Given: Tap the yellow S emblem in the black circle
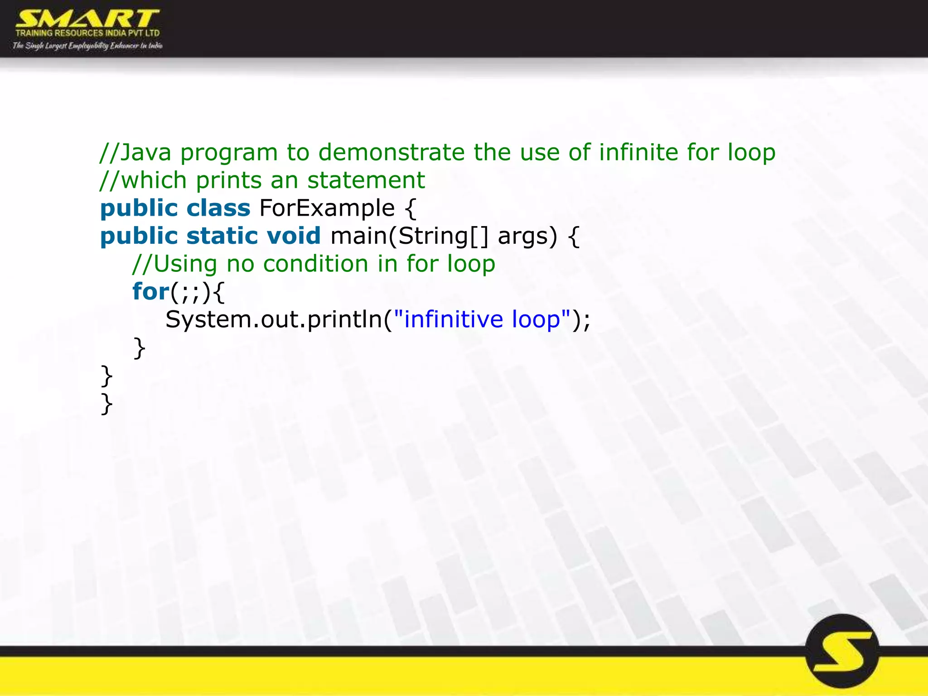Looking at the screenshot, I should click(x=842, y=651).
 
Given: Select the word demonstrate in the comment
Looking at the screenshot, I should click(x=391, y=152).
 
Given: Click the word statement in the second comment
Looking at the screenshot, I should click(x=366, y=180).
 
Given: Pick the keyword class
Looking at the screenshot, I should click(x=218, y=208).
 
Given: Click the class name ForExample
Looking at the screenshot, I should click(x=327, y=208).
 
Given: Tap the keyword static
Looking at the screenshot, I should click(x=222, y=236).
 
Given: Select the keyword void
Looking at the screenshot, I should click(x=294, y=236).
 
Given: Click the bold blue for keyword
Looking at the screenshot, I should click(x=150, y=291).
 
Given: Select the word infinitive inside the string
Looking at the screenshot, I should click(x=454, y=319).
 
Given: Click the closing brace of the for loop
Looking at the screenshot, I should click(x=139, y=348).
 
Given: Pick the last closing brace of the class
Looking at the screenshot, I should click(x=106, y=404).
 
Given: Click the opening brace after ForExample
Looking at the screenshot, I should click(x=410, y=209).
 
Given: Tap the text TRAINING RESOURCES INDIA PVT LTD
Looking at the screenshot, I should click(x=87, y=33).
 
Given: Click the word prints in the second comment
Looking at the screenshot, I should click(x=229, y=180).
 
